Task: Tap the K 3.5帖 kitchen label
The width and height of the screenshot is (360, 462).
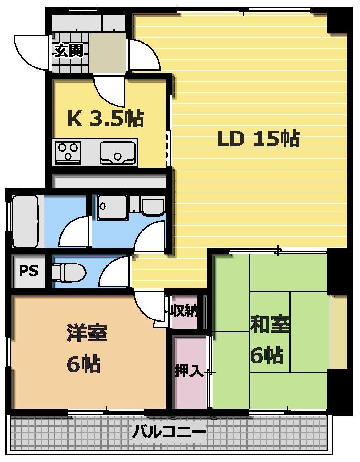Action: [106, 119]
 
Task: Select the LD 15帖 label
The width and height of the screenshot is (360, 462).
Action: [258, 139]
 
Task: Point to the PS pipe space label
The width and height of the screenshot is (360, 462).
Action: [29, 270]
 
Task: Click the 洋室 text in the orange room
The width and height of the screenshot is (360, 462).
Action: [87, 333]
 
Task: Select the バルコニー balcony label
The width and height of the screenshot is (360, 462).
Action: [169, 432]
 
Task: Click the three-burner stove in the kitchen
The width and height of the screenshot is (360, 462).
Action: [68, 153]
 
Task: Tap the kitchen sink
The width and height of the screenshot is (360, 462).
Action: [118, 152]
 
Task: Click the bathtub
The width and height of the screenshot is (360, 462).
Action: [26, 221]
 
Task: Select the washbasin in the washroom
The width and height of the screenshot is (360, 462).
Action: [112, 207]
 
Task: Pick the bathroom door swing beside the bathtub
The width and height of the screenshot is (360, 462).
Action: [74, 232]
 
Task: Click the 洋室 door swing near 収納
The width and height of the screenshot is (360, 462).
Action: [149, 306]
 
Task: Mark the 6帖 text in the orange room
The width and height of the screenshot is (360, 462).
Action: [84, 364]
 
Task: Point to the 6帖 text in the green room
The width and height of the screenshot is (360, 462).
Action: [267, 355]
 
